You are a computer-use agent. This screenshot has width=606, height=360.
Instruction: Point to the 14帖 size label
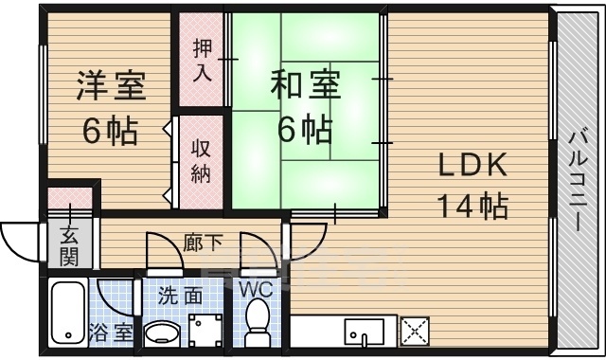(x=472, y=204)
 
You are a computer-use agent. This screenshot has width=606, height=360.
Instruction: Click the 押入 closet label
(x=203, y=61)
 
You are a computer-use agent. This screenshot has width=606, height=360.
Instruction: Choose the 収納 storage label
(x=203, y=161)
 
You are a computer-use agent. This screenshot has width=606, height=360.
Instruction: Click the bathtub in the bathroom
(x=66, y=314)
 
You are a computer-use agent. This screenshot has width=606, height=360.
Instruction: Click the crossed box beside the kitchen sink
(x=416, y=332)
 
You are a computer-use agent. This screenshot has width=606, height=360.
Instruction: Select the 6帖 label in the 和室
(x=304, y=127)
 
